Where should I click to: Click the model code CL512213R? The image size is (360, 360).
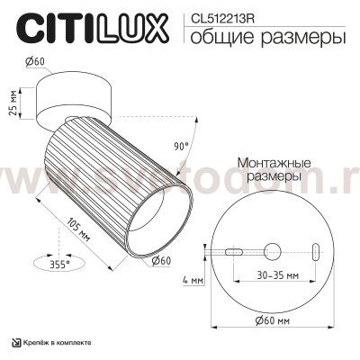click(x=216, y=15)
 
